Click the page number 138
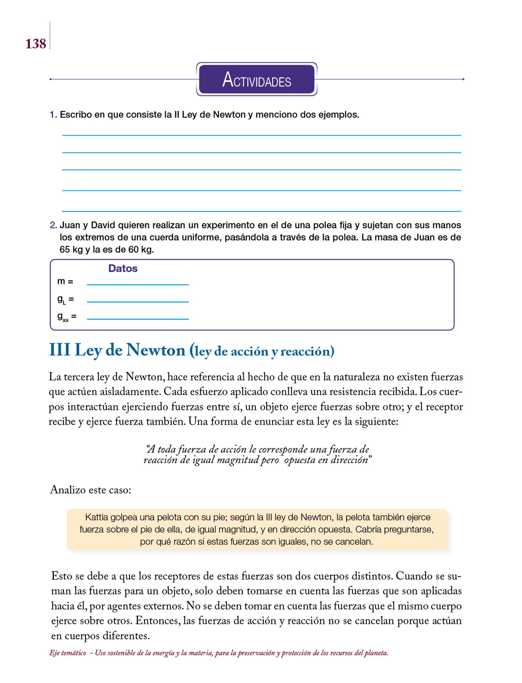[36, 44]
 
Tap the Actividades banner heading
[256, 80]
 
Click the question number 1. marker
[53, 115]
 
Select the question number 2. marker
[53, 225]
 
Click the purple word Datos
[123, 268]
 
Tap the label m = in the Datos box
[65, 281]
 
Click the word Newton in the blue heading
[156, 351]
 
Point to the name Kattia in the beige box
[96, 517]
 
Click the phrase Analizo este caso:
[90, 490]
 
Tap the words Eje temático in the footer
[67, 653]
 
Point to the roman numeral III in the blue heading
[60, 351]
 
